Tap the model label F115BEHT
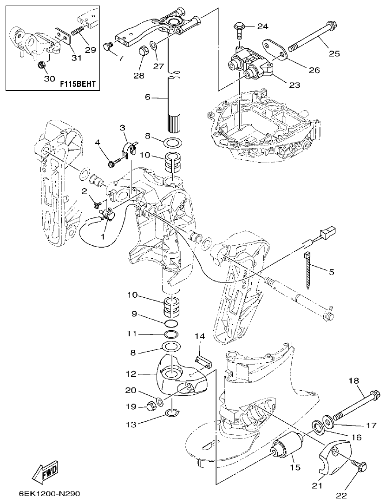(x=78, y=84)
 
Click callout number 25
(x=334, y=53)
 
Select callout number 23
(x=294, y=85)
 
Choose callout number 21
(x=317, y=485)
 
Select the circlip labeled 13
(x=173, y=412)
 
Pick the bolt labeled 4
(x=113, y=163)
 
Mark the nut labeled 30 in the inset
(x=41, y=64)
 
